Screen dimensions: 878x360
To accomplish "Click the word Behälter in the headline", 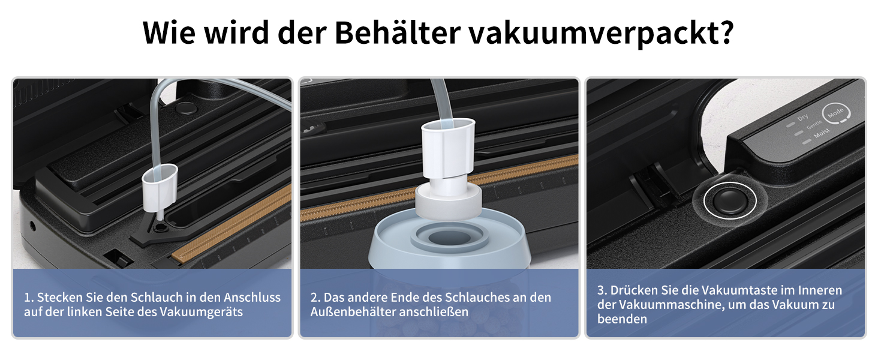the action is pos(398,32).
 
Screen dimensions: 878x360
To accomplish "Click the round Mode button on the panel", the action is pos(836,113).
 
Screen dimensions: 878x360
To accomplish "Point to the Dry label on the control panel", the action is pos(803,117).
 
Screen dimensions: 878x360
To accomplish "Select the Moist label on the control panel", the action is pos(822,133).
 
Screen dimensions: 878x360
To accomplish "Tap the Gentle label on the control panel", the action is pos(814,125).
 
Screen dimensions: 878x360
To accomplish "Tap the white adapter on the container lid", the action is pos(449,169).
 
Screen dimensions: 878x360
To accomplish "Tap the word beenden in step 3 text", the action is pos(622,319).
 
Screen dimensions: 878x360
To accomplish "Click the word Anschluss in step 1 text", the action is pos(252,297).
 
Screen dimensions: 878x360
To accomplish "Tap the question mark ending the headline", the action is pos(726,32).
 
